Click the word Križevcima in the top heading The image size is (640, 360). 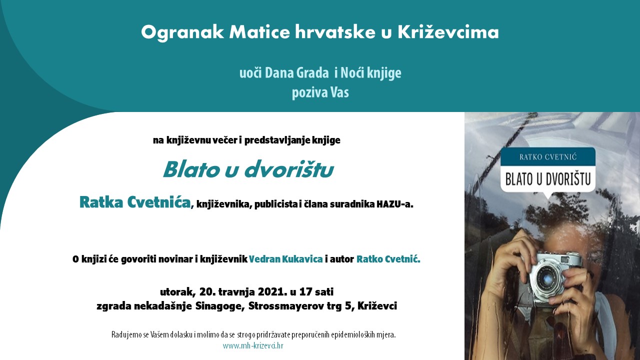coord(448,32)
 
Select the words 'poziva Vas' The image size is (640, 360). coord(320,92)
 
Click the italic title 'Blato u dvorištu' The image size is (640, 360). coord(248,169)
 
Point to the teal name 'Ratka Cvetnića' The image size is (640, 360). coord(135,202)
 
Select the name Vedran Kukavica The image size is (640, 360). coord(285,259)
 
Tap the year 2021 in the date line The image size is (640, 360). coord(272,291)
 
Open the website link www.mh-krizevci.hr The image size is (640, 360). coord(253,345)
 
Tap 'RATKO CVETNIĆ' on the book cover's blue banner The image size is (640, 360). coord(548,157)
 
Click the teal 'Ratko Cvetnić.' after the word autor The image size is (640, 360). coord(388,259)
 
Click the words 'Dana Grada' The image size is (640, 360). coord(297,73)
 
